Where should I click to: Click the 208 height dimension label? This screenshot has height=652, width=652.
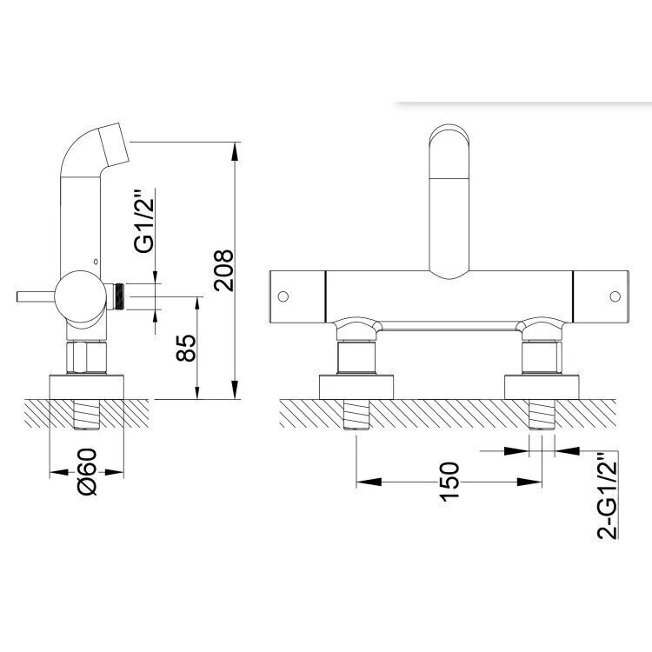(223, 270)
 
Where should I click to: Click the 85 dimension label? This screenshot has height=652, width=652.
(185, 348)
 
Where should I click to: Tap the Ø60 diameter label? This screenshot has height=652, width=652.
(87, 471)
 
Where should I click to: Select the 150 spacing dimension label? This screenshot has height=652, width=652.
(449, 482)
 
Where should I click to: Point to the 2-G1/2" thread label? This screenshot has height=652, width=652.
(607, 496)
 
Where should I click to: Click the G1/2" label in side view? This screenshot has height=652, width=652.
(143, 222)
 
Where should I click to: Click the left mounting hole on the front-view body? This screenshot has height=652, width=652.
(283, 296)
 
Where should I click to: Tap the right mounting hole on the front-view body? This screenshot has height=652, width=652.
(615, 296)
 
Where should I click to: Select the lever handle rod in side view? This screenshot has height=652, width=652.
(36, 297)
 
